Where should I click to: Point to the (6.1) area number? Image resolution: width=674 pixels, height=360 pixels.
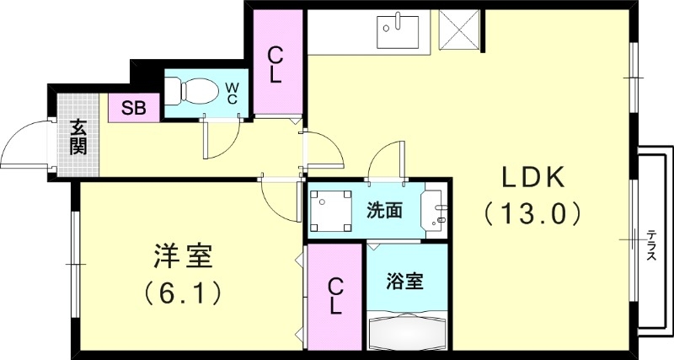(x=182, y=293)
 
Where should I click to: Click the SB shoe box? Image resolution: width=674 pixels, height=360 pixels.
(x=133, y=108)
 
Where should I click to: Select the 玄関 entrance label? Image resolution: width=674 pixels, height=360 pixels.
(x=78, y=138)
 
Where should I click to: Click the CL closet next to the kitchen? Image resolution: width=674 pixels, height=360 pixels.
(x=275, y=64)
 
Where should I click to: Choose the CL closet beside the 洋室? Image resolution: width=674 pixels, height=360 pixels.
(x=334, y=296)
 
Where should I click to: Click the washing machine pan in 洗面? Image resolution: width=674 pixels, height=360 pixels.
(x=329, y=212)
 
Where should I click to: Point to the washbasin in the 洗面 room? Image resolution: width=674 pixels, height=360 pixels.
(x=437, y=211)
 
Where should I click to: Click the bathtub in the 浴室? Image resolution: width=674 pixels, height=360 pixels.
(x=408, y=330)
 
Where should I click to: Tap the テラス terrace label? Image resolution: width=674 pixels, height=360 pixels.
(x=653, y=244)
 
